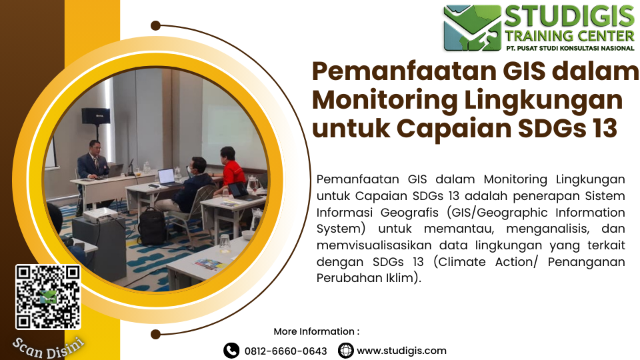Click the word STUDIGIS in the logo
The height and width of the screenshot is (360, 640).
[569, 17]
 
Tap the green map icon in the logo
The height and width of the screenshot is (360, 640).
[472, 28]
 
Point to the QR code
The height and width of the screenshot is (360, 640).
[48, 297]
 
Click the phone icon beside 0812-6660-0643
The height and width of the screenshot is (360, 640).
[231, 351]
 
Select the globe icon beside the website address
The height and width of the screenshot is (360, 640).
[346, 351]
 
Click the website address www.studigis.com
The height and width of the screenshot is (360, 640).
[401, 351]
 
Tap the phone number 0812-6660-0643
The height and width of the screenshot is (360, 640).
[286, 351]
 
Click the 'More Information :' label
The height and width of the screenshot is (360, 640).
[316, 331]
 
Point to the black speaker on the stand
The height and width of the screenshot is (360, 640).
[96, 115]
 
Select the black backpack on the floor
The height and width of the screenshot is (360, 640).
[152, 227]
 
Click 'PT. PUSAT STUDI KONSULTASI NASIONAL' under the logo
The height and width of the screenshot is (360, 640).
[570, 48]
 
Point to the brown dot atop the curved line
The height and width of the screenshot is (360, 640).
[155, 26]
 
